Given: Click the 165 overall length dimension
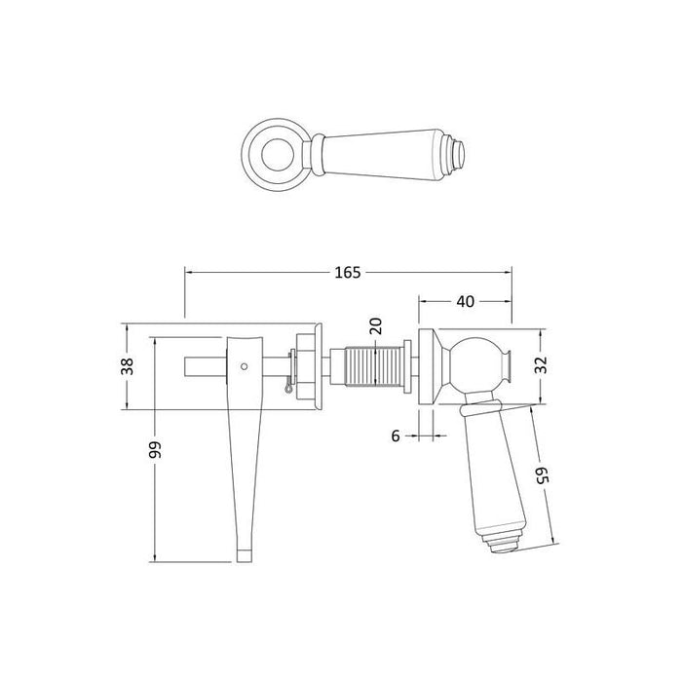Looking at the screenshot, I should click(x=346, y=274).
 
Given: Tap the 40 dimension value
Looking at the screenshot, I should click(x=465, y=302).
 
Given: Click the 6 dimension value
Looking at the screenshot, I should click(x=396, y=436).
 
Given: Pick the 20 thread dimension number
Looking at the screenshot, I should click(x=375, y=327).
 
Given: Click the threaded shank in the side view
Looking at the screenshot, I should click(x=373, y=371).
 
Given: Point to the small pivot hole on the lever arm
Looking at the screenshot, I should click(x=244, y=366).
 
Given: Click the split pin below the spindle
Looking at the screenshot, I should click(x=284, y=390).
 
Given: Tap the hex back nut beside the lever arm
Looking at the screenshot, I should click(x=305, y=368).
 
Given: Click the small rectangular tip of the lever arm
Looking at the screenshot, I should click(x=246, y=555).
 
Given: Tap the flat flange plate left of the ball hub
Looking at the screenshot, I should click(x=427, y=368).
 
